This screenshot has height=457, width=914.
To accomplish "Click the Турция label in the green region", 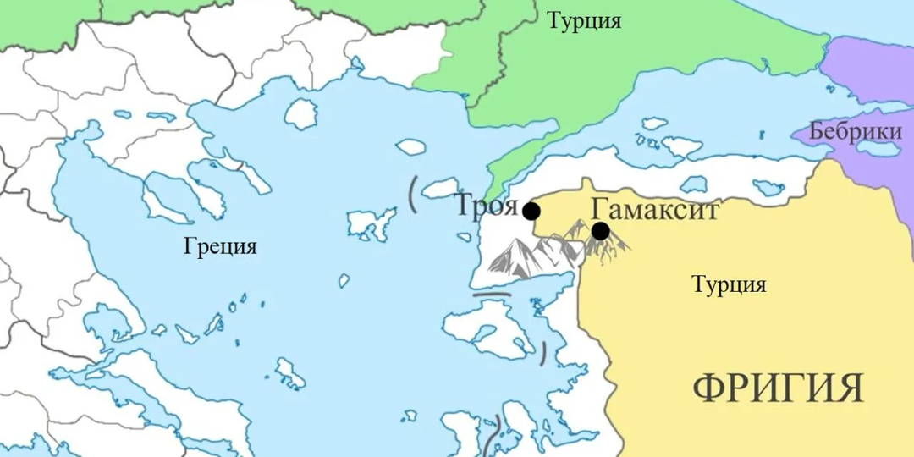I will [583, 21].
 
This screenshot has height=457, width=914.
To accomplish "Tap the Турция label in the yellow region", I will [729, 284].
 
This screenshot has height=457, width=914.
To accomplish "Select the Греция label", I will [219, 247].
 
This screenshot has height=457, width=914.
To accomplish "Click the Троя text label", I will [486, 206].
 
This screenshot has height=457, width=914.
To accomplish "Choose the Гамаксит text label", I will [655, 208].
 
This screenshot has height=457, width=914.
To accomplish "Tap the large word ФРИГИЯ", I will [778, 388].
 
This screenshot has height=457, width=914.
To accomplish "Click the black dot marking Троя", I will [531, 211].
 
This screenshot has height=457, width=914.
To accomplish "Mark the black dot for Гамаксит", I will [600, 230].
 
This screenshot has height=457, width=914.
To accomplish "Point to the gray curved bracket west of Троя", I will [412, 194].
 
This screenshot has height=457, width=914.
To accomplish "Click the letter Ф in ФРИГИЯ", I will [708, 388].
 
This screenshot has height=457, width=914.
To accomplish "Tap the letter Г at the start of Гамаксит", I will [599, 208].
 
